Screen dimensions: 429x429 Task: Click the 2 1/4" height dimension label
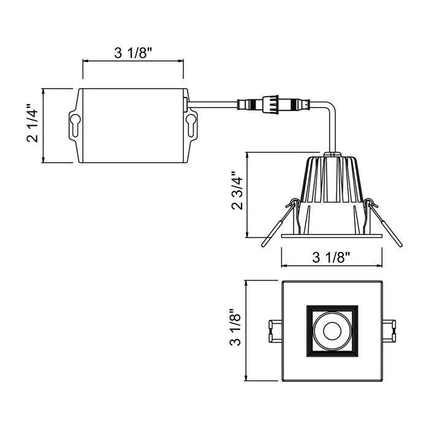pyautogui.click(x=32, y=123)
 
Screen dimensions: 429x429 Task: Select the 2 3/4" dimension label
pyautogui.click(x=237, y=191)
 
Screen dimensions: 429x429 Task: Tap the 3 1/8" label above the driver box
pyautogui.click(x=133, y=53)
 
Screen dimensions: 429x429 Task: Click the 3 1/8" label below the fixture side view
pyautogui.click(x=332, y=257)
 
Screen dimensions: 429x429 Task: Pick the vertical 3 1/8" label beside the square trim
pyautogui.click(x=235, y=327)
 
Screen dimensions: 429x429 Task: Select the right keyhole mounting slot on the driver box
pyautogui.click(x=191, y=125)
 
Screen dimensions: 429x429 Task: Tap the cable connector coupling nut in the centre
pyautogui.click(x=270, y=104)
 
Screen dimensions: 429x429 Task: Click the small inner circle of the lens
pyautogui.click(x=332, y=331)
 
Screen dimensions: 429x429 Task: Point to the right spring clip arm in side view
pyautogui.click(x=384, y=222)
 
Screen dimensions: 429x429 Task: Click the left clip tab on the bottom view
pyautogui.click(x=275, y=331)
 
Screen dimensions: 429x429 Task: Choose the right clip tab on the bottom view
pyautogui.click(x=389, y=331)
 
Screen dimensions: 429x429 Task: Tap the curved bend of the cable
pyautogui.click(x=330, y=107)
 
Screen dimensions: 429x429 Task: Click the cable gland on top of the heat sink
pyautogui.click(x=332, y=154)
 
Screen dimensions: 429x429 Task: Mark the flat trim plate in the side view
pyautogui.click(x=332, y=235)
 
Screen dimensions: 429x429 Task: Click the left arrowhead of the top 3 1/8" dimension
pyautogui.click(x=85, y=61)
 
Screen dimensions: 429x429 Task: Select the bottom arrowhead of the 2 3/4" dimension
pyautogui.click(x=248, y=235)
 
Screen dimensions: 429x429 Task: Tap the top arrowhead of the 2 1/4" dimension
pyautogui.click(x=44, y=91)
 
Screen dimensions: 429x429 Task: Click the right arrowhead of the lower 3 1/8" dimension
pyautogui.click(x=379, y=265)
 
